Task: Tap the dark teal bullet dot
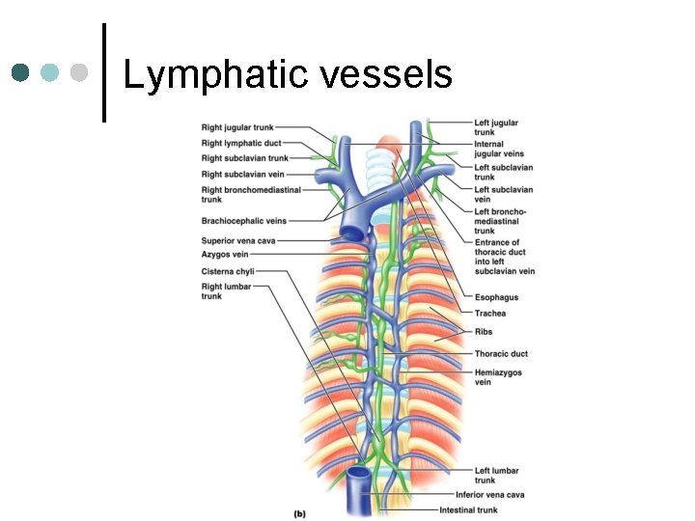click(x=20, y=72)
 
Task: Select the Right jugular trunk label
click(x=237, y=127)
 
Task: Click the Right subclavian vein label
click(x=243, y=175)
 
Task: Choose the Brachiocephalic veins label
click(x=243, y=221)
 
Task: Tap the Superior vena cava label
click(x=236, y=240)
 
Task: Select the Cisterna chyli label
click(x=228, y=272)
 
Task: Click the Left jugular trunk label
click(x=496, y=127)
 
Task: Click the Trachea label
click(x=489, y=314)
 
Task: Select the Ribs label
click(x=483, y=332)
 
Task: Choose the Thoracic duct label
click(x=501, y=354)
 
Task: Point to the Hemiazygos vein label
click(x=499, y=376)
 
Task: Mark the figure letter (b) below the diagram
click(x=299, y=513)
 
